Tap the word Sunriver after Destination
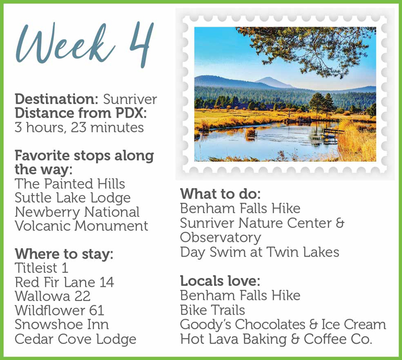pos(129,99)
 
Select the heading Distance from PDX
pos(81,113)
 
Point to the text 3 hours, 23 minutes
pos(79,127)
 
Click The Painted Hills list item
pos(70,184)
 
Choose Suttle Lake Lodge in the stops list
pos(73,198)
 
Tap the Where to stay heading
pos(64,254)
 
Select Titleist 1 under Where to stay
pos(42,268)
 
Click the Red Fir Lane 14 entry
pos(64,282)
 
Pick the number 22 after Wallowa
pos(82,296)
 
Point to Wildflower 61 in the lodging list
pos(60,310)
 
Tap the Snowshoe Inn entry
pos(62,324)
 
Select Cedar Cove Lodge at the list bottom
pos(75,339)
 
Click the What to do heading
pos(220,194)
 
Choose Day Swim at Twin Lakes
pos(259,252)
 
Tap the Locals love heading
pos(220,281)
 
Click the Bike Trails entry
pos(212,310)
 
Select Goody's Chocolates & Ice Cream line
pos(283,324)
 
